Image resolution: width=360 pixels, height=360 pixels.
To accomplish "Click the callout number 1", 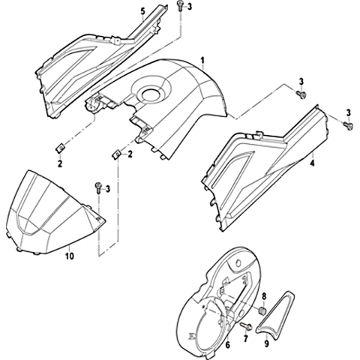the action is pos(202,61).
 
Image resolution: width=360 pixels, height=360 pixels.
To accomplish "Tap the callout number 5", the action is pos(142,11).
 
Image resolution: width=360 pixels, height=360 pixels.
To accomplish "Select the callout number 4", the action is pos(312,163).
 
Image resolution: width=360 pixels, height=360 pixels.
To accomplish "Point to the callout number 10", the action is pos(70,256).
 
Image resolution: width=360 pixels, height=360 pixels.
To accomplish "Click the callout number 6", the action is pos(228,345).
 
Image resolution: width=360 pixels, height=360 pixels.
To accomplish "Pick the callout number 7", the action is pos(245,339).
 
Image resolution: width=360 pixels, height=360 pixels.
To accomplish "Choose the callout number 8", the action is pos(264,296).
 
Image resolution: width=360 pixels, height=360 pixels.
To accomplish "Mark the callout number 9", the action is pos(266,343).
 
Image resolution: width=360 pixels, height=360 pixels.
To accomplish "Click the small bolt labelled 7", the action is pos(246,326).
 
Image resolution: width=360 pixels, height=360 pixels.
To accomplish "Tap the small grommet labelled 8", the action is pos(262,311).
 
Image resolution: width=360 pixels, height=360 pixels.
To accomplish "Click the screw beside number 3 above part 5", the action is pos(180,5).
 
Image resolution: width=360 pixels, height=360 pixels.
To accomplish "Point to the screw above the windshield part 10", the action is pos(97,187).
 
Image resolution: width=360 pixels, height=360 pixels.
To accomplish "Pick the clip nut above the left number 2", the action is pos(59,148).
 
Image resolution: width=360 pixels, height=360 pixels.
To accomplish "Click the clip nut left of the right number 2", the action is pos(115,155).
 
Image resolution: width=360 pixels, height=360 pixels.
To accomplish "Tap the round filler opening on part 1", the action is pos(151,94).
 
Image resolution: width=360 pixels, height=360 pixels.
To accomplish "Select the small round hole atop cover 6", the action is pos(238,263).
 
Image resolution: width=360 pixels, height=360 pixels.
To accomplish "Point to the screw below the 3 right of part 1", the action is pos(301,94).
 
